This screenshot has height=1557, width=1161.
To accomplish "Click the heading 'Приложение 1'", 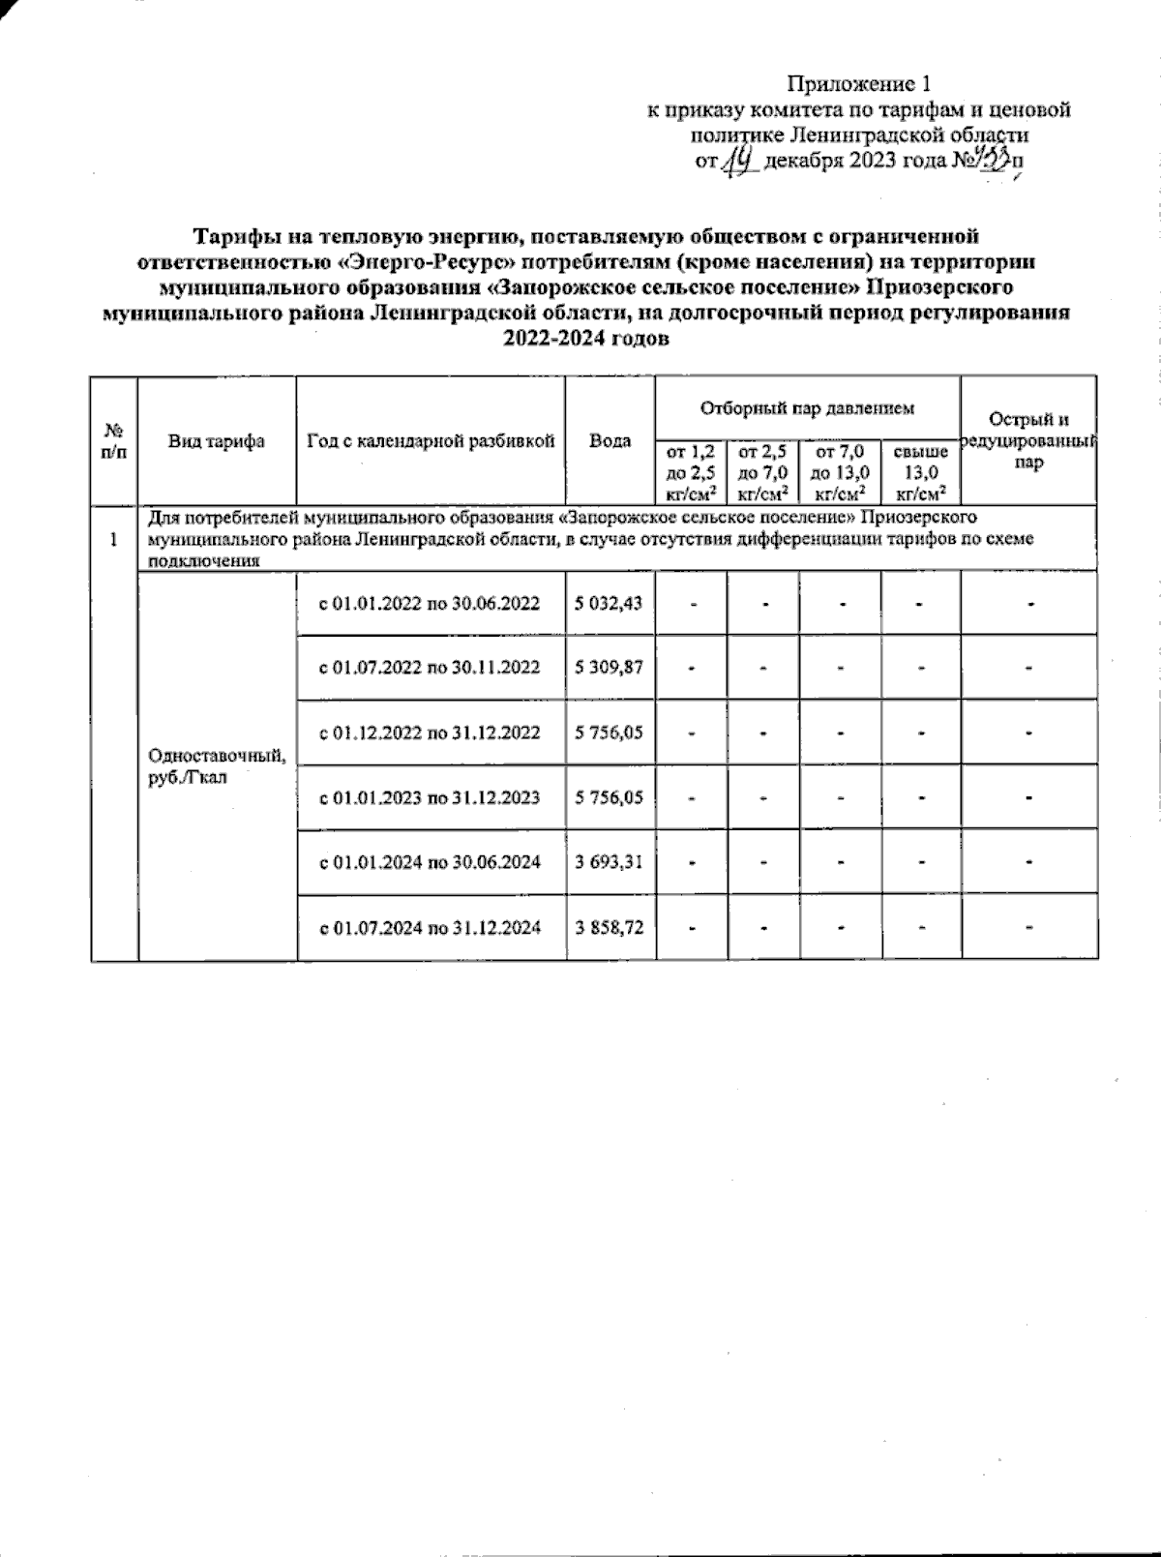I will (859, 84).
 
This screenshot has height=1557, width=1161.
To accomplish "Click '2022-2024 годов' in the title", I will (585, 339).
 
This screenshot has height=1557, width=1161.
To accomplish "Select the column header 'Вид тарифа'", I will (217, 440).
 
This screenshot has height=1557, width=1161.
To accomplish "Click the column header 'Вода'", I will (610, 440).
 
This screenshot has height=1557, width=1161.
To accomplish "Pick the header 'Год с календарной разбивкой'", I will (431, 440).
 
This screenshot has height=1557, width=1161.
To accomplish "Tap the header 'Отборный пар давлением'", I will (807, 408).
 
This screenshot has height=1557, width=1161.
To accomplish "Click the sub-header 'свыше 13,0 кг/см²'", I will (920, 470).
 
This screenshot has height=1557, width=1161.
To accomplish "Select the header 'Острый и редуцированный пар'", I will (1028, 440).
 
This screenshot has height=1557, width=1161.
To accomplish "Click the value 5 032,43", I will (610, 603).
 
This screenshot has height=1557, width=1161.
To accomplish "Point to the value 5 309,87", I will (610, 668).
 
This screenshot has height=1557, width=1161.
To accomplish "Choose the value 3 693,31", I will (610, 862).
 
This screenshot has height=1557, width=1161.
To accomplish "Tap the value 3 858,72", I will (610, 927).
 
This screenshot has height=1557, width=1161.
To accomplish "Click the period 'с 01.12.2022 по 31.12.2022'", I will (431, 733).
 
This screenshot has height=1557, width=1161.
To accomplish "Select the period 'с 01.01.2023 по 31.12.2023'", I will (431, 797).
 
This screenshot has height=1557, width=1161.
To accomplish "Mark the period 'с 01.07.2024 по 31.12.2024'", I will (431, 927).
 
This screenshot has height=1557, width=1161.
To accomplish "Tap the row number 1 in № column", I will (114, 539).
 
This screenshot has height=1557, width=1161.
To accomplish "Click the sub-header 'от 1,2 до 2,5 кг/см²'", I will (691, 470).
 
